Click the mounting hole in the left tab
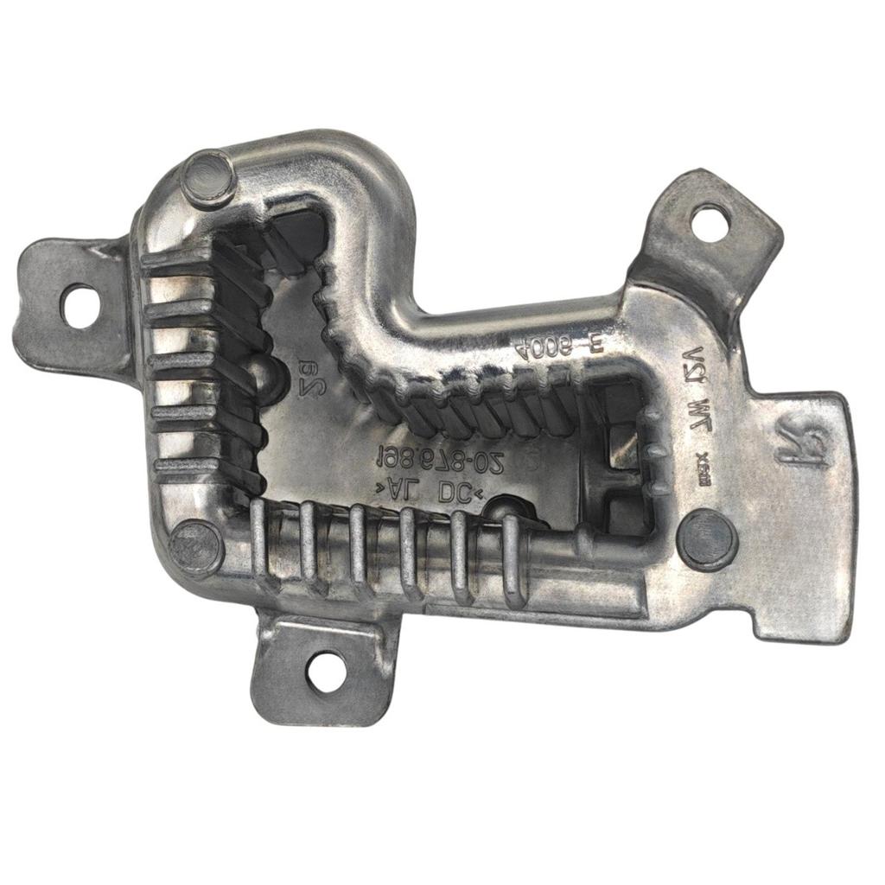point(80,306)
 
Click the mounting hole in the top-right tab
point(710,222)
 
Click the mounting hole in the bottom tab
point(327,672)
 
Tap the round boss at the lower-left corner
point(195,548)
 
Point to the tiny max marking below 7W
point(702,449)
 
